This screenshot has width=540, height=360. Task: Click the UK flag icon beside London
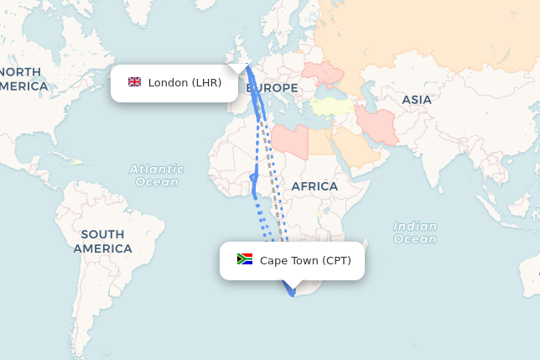(134, 82)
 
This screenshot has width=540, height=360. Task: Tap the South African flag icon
(245, 259)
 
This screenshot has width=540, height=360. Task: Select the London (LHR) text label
(184, 82)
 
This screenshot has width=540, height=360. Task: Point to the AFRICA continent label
(314, 186)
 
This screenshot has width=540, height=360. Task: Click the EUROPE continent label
(273, 88)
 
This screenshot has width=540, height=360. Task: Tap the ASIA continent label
(417, 100)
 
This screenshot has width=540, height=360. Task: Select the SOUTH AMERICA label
(102, 242)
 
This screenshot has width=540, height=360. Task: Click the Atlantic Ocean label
(156, 175)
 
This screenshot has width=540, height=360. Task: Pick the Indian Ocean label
(415, 232)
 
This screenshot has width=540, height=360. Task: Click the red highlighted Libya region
(289, 138)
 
